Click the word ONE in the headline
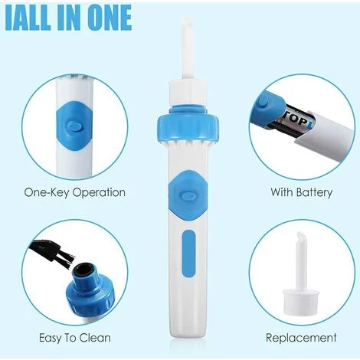(110, 18)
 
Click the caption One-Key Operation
(75, 192)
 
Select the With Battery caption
(302, 192)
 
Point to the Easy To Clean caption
(75, 338)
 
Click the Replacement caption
(301, 338)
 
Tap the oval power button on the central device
(188, 195)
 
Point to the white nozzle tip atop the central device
(187, 48)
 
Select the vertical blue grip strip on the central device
(189, 254)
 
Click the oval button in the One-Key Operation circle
(74, 126)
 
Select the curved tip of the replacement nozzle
(299, 238)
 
